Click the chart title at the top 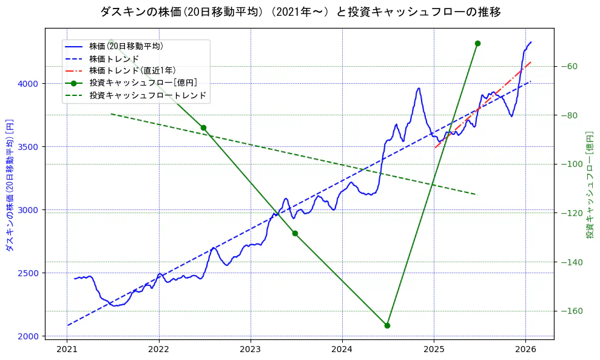click(300, 12)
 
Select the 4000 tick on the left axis click(30, 83)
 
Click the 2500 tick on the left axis click(30, 273)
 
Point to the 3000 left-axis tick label click(30, 209)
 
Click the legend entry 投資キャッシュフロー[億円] click(143, 83)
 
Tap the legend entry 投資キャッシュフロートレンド click(147, 95)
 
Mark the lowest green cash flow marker click(387, 325)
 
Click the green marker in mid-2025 click(477, 43)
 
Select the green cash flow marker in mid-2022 click(203, 127)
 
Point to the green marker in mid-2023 click(295, 233)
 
